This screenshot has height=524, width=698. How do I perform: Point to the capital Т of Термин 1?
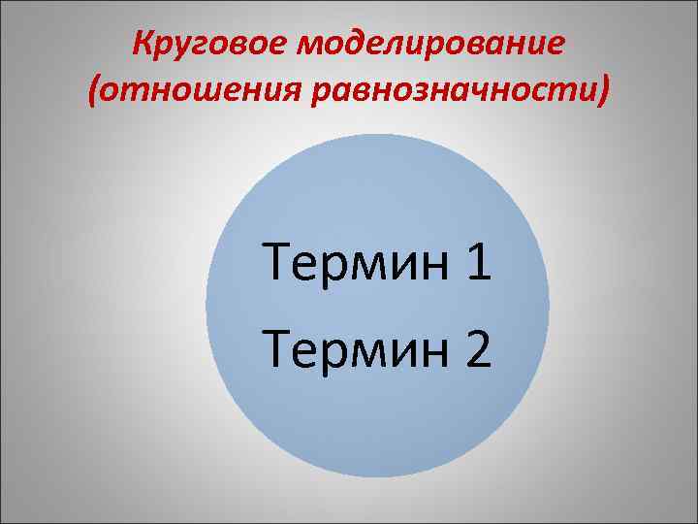pos(277,263)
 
